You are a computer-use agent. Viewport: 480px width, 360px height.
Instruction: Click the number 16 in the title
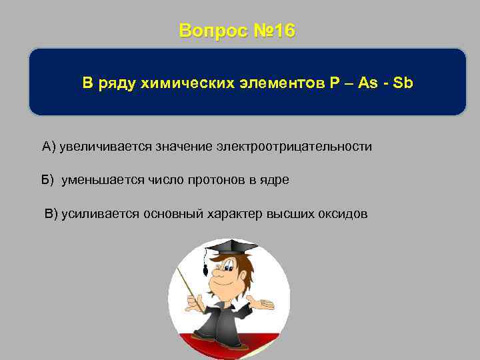(x=282, y=31)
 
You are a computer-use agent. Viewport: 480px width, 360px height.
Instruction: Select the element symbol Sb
(x=403, y=83)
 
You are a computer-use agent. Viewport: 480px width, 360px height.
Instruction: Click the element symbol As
(x=367, y=83)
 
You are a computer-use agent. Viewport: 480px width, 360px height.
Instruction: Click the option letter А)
(x=49, y=146)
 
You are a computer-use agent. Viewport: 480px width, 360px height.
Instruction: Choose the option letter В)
(x=51, y=213)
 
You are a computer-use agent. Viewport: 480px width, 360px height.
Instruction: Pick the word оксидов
(x=344, y=213)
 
